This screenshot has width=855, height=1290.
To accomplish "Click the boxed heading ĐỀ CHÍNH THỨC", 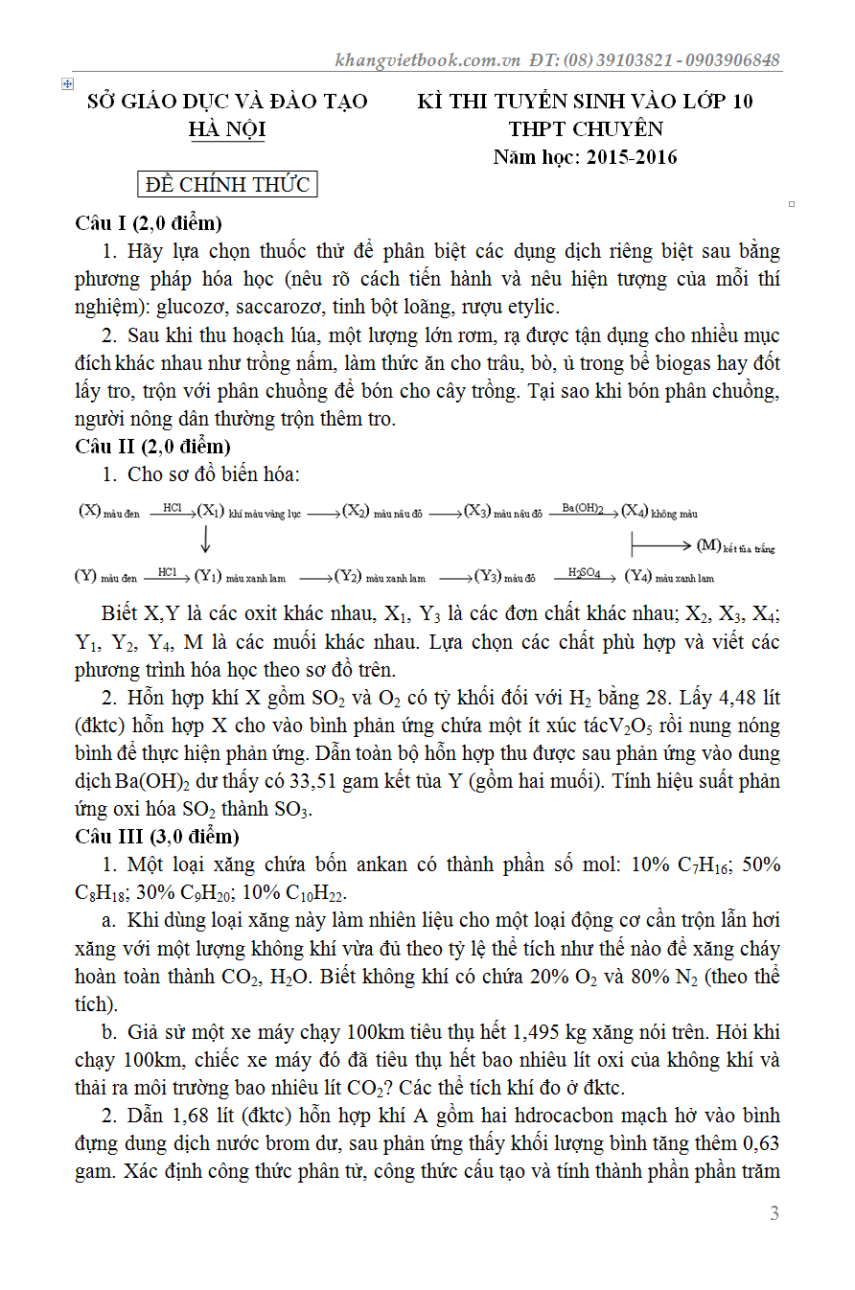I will [x=227, y=184].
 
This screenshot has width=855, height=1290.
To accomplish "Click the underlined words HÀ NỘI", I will [x=227, y=129].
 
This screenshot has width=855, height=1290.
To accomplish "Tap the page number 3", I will [x=774, y=1213].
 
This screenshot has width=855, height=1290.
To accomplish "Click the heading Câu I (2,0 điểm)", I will [x=149, y=223].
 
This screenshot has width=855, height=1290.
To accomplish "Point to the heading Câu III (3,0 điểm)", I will [x=157, y=837].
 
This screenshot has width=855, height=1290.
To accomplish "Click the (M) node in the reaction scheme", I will [x=709, y=545].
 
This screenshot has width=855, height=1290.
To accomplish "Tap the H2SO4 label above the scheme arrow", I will [x=584, y=572].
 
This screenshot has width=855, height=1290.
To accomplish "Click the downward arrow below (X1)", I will [x=205, y=542].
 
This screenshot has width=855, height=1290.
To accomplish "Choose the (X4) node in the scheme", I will [x=635, y=512].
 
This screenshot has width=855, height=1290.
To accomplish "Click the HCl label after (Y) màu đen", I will [x=168, y=572].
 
